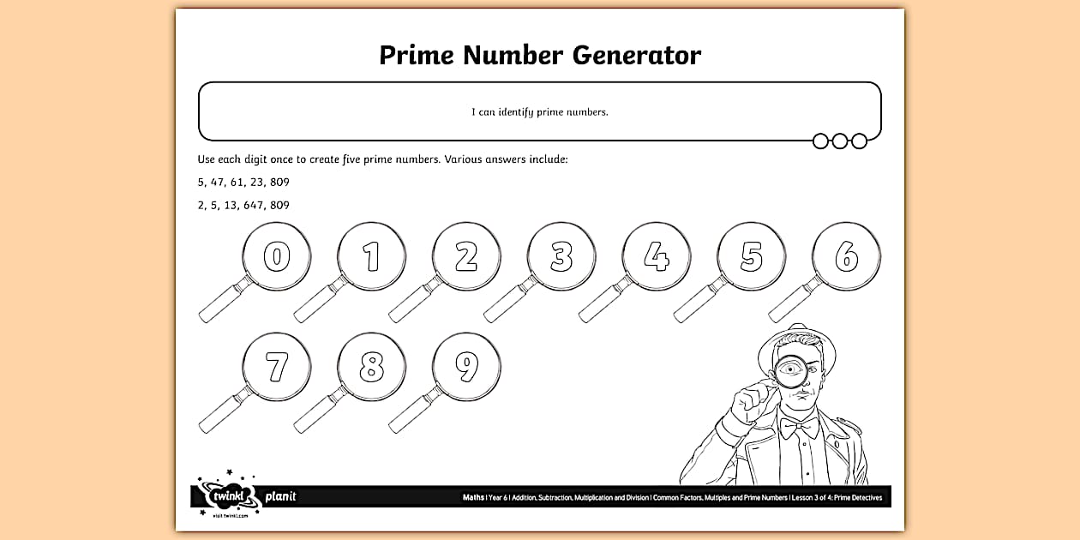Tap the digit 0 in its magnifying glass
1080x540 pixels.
276,256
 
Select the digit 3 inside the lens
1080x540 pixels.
561,256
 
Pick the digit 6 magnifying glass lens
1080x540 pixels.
846,256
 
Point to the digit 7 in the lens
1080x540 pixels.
276,367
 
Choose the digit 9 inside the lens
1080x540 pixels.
466,367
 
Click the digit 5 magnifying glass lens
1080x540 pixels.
751,256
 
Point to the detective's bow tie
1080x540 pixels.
800,425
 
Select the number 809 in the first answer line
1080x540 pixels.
279,182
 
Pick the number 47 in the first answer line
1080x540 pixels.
218,182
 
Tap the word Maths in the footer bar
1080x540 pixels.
473,497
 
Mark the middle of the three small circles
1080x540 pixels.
839,141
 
